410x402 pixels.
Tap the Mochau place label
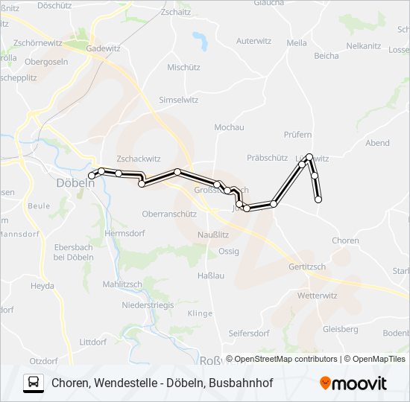pos(229,127)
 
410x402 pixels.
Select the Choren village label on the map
pos(345,240)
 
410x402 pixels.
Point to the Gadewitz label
pos(103,48)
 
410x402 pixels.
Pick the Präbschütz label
pos(267,158)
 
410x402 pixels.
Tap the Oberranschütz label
pos(169,214)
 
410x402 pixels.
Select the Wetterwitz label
pos(317,296)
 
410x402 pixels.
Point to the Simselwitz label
pos(179,100)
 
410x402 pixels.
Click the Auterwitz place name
pos(253,41)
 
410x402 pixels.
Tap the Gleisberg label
pos(341,328)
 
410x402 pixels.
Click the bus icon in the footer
pos(34,383)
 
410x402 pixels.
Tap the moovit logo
pos(353,383)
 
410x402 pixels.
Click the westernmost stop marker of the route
pos(92,175)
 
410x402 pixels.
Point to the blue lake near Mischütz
pos(200,39)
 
